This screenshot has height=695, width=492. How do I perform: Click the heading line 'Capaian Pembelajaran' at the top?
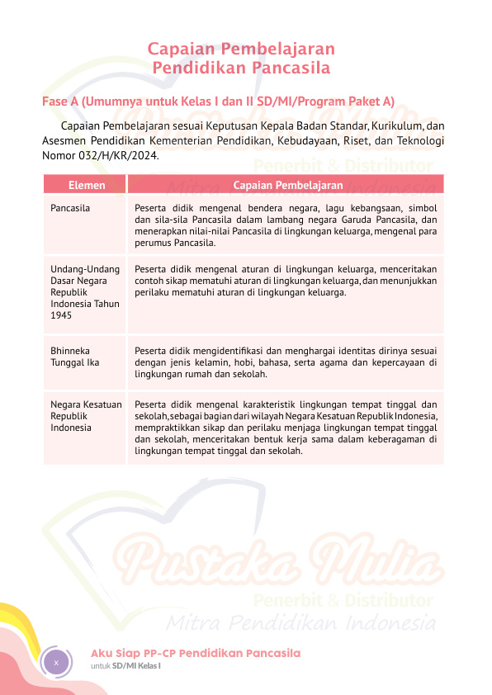pyautogui.click(x=241, y=49)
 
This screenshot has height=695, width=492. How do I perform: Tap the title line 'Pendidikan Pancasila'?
pyautogui.click(x=241, y=67)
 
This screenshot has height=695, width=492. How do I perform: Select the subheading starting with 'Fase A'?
pyautogui.click(x=218, y=102)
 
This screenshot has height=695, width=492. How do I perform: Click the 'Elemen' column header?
pyautogui.click(x=86, y=185)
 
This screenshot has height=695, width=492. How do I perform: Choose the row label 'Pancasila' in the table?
pyautogui.click(x=70, y=208)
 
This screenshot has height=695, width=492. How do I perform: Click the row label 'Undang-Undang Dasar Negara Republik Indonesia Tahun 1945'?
pyautogui.click(x=85, y=291)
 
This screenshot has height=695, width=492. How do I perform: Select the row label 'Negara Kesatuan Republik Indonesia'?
pyautogui.click(x=86, y=416)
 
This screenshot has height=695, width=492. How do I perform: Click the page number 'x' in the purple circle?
pyautogui.click(x=55, y=662)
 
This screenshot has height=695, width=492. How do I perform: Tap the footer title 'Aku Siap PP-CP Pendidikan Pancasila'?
pyautogui.click(x=196, y=653)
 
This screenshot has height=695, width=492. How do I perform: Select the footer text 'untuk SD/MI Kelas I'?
pyautogui.click(x=125, y=666)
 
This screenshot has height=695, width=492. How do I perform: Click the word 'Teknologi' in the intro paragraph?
pyautogui.click(x=422, y=139)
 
